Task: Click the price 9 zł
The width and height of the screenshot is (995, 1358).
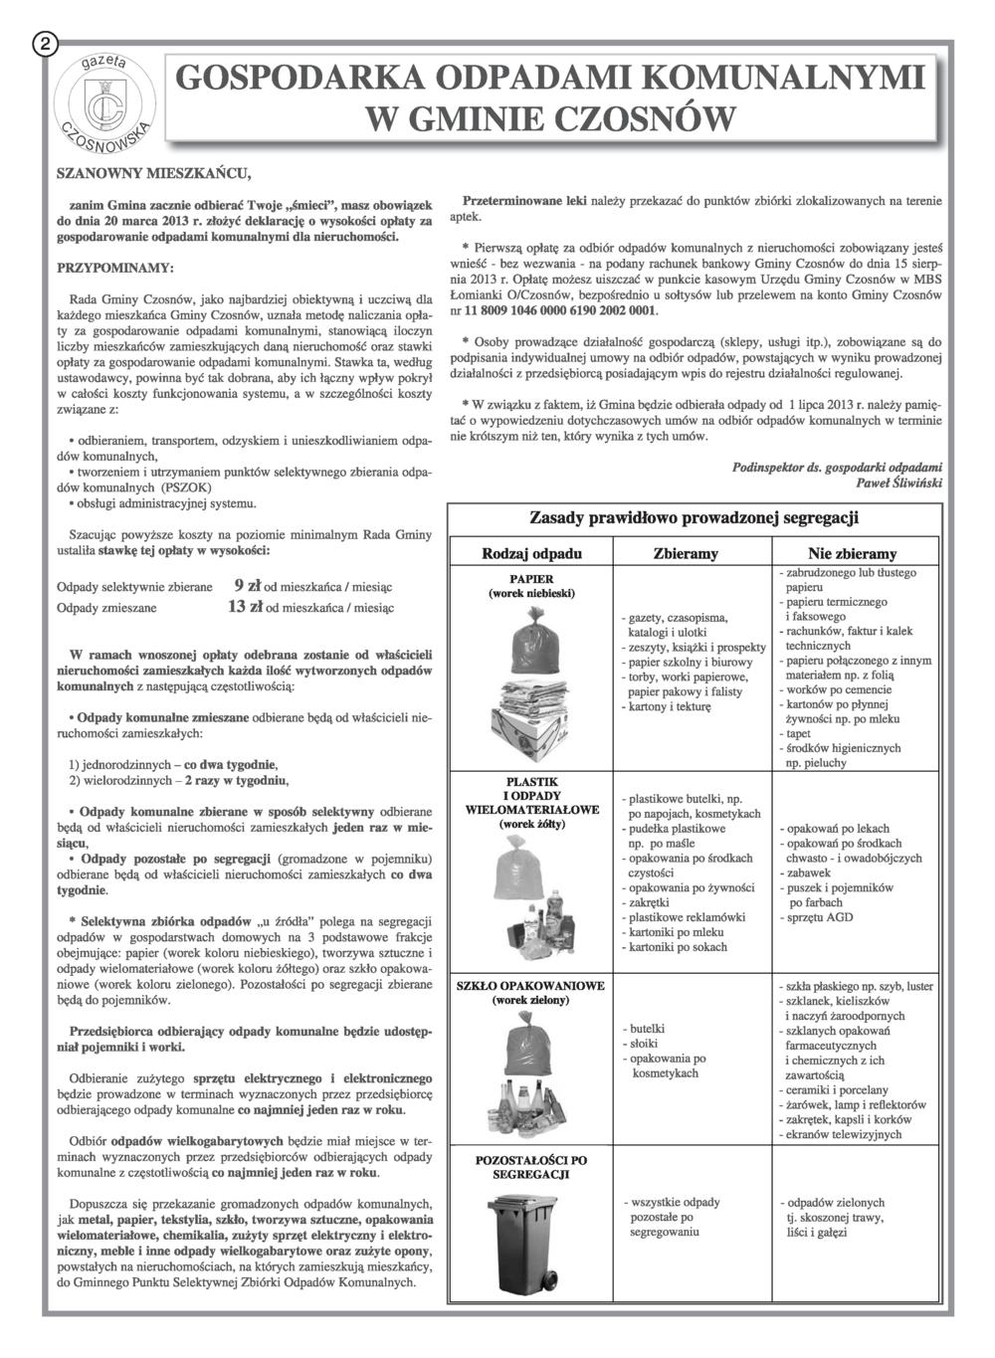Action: [248, 585]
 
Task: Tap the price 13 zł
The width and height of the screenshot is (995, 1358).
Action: [245, 606]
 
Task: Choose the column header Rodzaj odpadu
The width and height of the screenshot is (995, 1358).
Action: [531, 553]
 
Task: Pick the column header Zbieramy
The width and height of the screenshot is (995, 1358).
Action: [686, 553]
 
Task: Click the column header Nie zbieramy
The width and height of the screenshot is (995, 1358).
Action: [852, 553]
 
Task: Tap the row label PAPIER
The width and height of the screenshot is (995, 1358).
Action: [531, 578]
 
